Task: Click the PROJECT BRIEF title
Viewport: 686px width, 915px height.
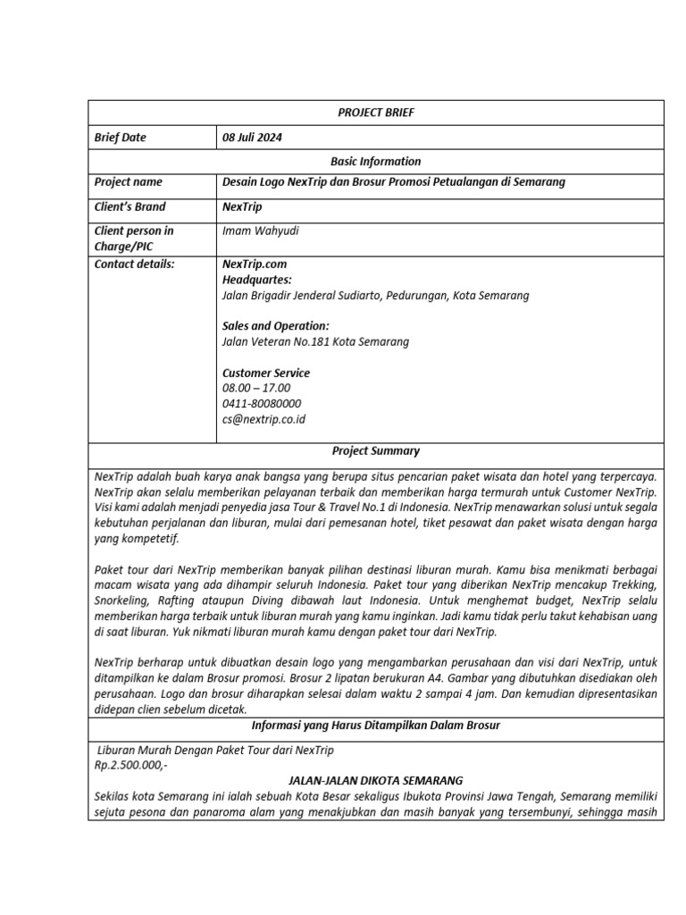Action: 376,113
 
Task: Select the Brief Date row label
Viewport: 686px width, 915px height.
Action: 121,138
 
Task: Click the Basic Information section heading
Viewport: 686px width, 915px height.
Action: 376,162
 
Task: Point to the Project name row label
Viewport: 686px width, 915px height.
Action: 129,182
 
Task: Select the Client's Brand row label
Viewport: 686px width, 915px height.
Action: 130,206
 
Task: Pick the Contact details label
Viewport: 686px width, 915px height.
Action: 135,264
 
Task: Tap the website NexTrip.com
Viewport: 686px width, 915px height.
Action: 255,264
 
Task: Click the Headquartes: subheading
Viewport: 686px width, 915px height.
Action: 257,280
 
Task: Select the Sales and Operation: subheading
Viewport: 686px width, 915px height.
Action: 276,326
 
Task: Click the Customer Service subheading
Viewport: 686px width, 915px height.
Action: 266,373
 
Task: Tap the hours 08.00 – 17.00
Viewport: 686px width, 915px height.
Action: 256,388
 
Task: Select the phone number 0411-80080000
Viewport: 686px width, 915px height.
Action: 262,403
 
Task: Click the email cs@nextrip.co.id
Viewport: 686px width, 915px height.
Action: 264,419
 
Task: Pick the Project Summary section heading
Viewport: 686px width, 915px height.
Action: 376,451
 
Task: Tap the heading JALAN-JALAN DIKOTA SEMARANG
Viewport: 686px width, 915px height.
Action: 376,780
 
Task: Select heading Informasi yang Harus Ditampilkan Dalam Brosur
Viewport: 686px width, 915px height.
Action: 376,726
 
